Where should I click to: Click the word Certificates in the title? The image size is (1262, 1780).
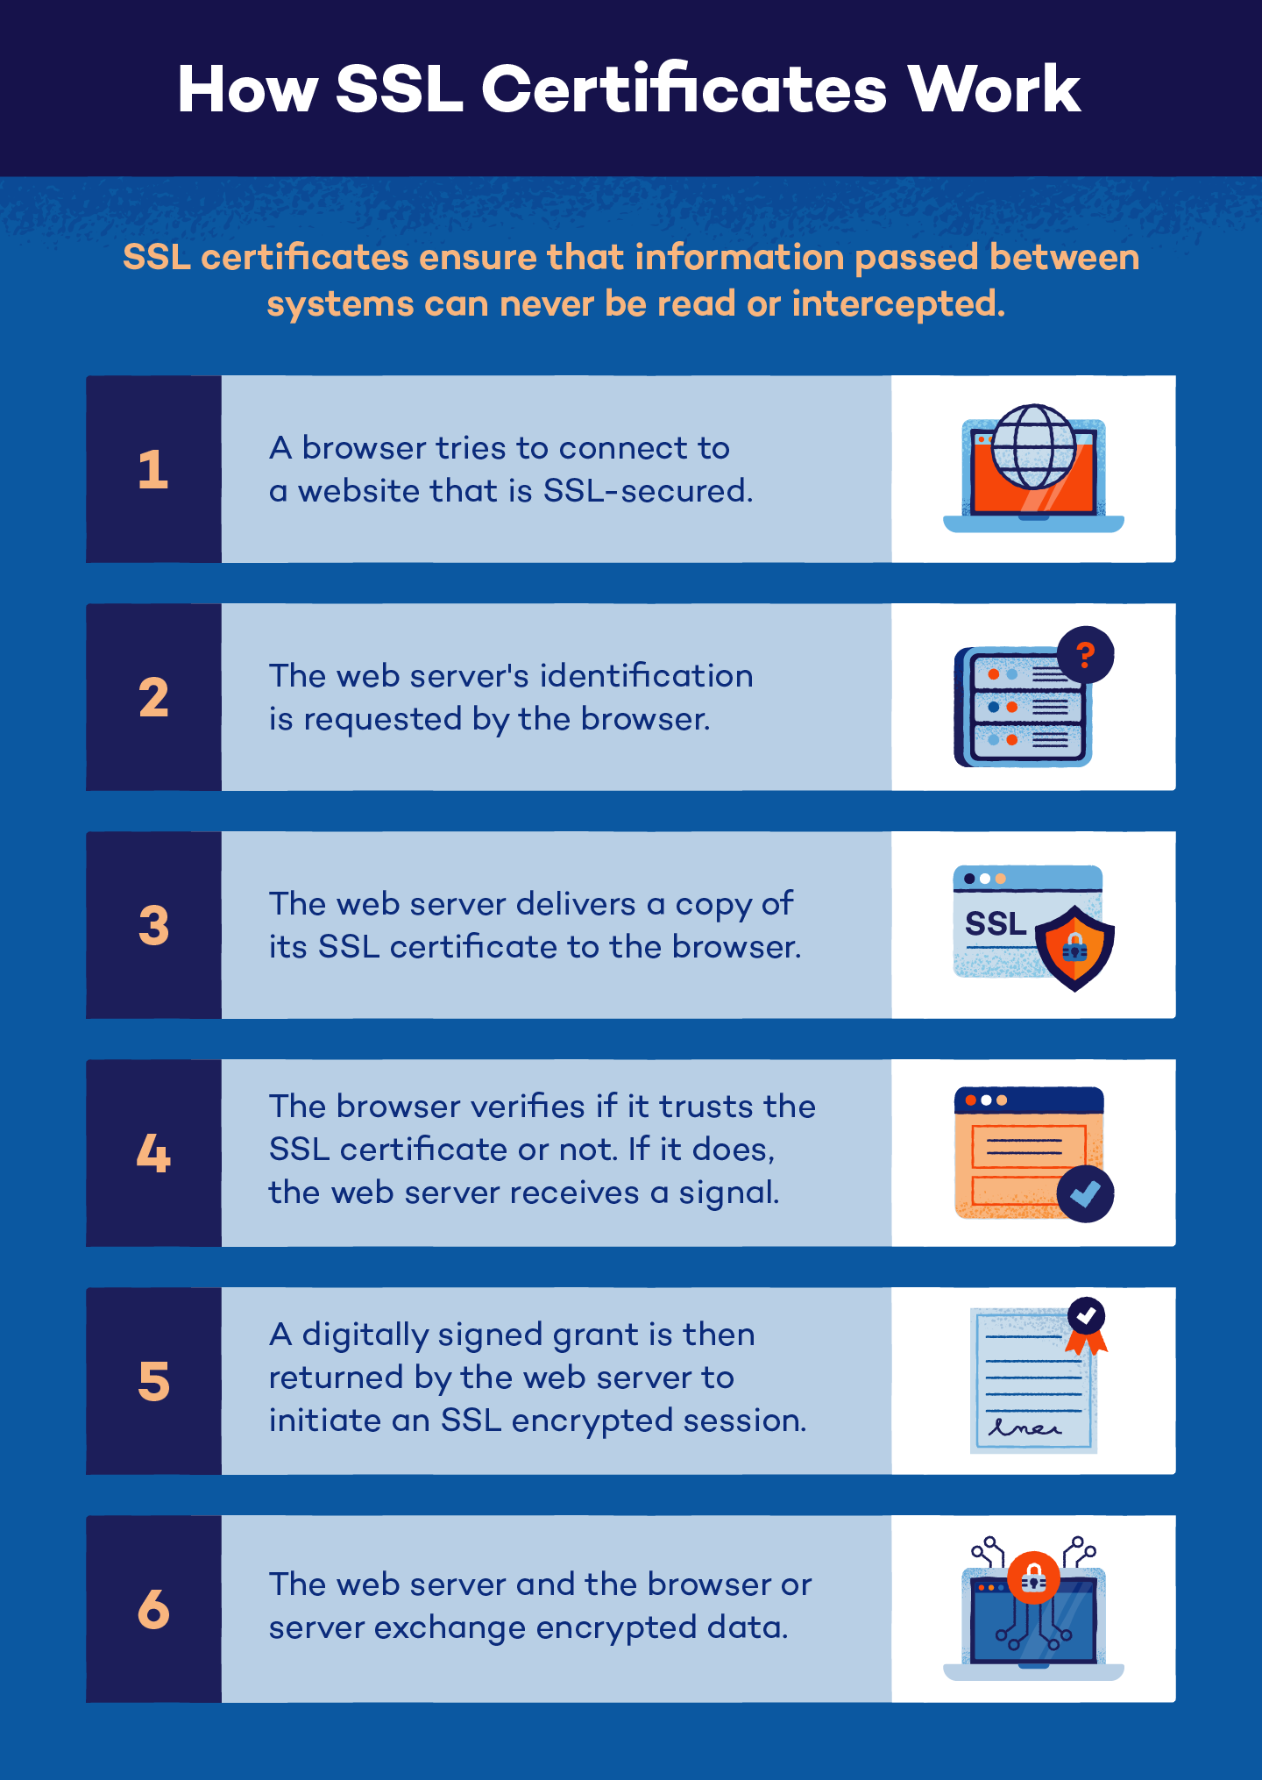[684, 89]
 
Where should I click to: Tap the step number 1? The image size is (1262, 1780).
[152, 470]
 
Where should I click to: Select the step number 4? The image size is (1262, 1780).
[152, 1154]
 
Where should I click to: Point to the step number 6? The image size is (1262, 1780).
[152, 1610]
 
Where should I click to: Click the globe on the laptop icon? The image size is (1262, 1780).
[1033, 446]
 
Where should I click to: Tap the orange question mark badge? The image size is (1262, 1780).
[1085, 654]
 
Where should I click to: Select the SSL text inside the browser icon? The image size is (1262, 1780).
[995, 924]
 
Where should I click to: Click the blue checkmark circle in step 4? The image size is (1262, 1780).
[1085, 1193]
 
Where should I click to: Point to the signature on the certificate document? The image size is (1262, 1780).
[1023, 1428]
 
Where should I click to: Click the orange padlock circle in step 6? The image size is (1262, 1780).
[1033, 1578]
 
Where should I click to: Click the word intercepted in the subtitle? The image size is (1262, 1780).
[897, 304]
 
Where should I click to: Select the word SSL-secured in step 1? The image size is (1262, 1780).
[648, 491]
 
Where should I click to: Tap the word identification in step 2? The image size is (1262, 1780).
[646, 676]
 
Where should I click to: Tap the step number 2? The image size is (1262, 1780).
[152, 698]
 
